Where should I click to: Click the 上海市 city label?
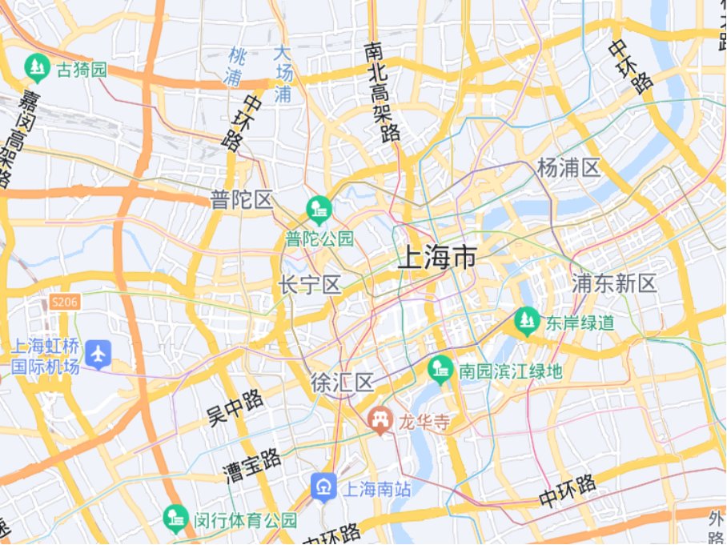coord(437,258)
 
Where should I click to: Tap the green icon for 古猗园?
coord(37,70)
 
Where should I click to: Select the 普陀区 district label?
coord(242,200)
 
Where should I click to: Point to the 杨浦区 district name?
coord(568,168)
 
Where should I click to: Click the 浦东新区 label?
coord(614,283)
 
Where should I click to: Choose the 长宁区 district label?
coord(310,285)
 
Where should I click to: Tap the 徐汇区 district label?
coord(343,383)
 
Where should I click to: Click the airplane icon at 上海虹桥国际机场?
coord(98,353)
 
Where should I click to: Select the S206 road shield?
coord(64,302)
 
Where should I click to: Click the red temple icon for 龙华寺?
coord(380,420)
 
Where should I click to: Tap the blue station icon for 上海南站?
coord(324,487)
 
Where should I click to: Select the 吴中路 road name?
coord(235,407)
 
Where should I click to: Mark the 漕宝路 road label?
coord(252,464)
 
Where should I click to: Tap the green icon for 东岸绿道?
coord(526,322)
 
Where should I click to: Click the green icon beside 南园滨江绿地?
coord(440,370)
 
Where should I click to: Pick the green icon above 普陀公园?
coord(319,210)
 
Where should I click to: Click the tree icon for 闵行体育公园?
coord(175,519)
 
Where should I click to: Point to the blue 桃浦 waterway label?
coord(235,66)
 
